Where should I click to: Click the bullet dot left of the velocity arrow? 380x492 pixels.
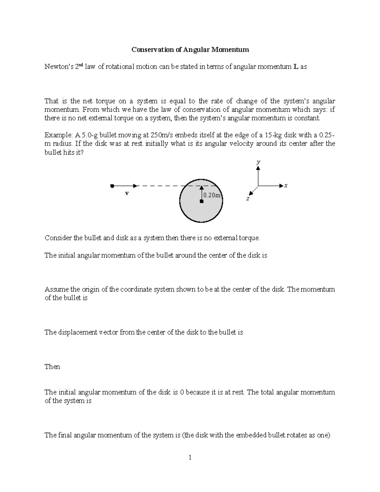click(x=112, y=186)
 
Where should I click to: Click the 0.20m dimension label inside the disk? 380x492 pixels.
click(x=212, y=195)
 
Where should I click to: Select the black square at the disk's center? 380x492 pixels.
click(x=201, y=201)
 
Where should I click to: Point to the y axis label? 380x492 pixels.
click(x=258, y=162)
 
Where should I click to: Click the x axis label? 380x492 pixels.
click(x=286, y=186)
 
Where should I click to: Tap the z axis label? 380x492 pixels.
click(x=248, y=199)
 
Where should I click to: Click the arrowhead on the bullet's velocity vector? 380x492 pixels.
click(x=136, y=186)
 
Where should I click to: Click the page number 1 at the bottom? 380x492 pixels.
click(x=190, y=457)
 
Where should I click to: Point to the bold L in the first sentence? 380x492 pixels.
click(x=296, y=67)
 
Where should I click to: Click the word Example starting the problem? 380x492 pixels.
click(x=58, y=135)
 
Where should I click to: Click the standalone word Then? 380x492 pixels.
click(x=52, y=367)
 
